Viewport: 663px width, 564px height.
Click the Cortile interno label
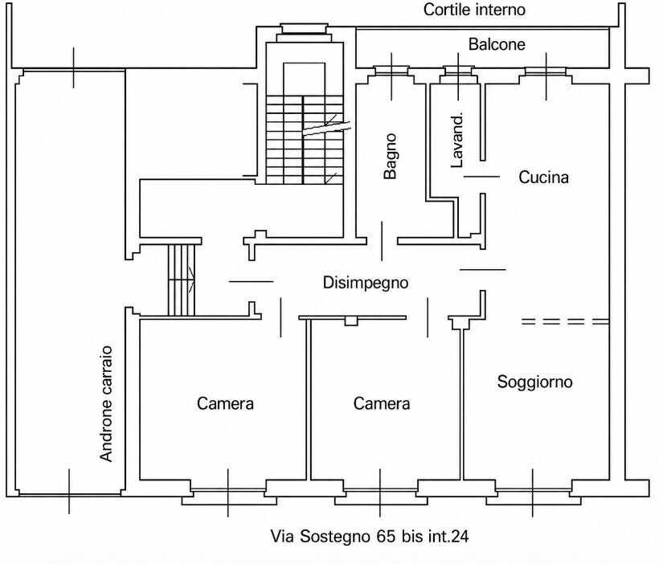point(474,10)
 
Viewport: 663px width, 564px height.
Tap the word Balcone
point(497,44)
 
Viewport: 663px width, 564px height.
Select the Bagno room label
point(391,157)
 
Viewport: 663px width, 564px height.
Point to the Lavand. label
point(456,140)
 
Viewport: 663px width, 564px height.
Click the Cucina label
point(543,177)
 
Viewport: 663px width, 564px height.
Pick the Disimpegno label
point(366,283)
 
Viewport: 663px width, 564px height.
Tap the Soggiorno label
point(535,382)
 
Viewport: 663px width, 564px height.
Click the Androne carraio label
point(106,404)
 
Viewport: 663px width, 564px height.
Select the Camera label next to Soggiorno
point(382,404)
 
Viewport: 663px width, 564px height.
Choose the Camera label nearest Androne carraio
point(225,404)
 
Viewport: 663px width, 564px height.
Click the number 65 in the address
point(386,537)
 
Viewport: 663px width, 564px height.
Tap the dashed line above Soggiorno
point(565,321)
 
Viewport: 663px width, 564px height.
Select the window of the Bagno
point(391,70)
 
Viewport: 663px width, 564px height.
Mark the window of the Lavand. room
point(458,70)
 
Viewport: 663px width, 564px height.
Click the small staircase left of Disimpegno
point(182,280)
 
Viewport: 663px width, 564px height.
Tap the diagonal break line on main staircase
point(326,128)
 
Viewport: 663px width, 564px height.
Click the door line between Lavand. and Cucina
point(481,176)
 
